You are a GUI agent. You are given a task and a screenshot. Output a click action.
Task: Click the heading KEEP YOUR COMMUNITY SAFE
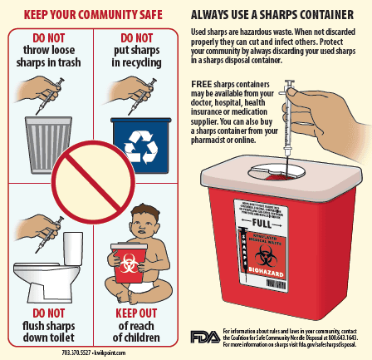(92, 14)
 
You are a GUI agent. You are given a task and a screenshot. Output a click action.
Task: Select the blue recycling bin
(139, 141)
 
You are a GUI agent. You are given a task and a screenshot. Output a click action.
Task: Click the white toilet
(50, 266)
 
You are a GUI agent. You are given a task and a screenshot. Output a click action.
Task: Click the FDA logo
(205, 337)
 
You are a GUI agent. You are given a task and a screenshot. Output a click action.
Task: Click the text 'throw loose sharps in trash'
(49, 56)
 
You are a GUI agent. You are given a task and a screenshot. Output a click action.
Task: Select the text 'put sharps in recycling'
(137, 56)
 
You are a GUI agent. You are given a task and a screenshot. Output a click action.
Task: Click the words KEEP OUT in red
(137, 313)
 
